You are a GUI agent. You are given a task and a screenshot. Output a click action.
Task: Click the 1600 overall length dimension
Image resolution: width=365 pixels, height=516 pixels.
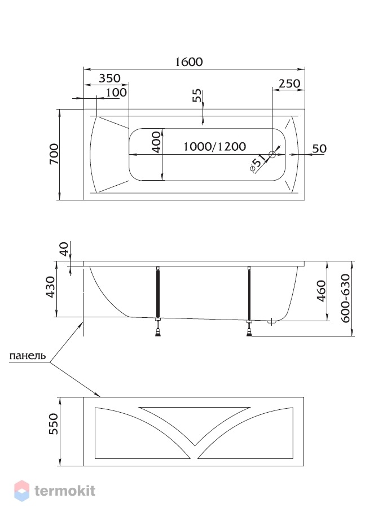(189, 62)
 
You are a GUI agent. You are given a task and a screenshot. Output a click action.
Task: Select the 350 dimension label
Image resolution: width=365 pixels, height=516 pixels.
(110, 78)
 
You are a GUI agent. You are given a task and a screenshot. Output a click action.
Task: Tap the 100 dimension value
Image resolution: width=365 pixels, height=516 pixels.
(116, 93)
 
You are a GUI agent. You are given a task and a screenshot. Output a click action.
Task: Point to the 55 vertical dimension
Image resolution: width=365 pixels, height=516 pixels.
(197, 96)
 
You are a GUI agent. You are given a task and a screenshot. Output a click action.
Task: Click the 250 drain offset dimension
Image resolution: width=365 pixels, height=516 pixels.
(289, 83)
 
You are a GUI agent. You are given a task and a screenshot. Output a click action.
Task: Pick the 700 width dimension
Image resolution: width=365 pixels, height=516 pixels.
(54, 154)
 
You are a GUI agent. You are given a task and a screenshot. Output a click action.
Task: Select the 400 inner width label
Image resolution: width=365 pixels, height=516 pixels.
(157, 142)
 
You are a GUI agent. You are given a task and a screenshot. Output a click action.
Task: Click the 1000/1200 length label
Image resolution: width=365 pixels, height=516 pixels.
(214, 146)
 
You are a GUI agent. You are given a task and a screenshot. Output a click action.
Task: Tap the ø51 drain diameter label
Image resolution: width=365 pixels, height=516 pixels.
(258, 164)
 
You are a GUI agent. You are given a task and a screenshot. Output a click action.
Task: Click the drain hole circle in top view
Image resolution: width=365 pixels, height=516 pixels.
(272, 154)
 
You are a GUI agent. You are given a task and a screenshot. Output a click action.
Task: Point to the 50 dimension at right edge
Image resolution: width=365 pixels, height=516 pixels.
(319, 148)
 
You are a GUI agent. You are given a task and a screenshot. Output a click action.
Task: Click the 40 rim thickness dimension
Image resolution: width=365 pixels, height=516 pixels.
(64, 249)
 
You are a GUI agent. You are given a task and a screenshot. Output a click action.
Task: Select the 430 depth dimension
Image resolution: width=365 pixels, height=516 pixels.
(50, 287)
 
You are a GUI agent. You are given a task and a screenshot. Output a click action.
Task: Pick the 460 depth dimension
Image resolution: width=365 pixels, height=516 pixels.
(321, 291)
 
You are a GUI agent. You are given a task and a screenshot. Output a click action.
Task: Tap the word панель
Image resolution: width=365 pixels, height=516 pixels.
(28, 356)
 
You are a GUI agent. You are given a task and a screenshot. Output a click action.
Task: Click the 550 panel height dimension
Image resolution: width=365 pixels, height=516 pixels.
(53, 424)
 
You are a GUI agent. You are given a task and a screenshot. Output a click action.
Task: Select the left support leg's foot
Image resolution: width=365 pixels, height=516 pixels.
(158, 333)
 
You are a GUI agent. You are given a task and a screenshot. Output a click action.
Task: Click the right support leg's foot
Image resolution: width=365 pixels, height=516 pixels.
(249, 333)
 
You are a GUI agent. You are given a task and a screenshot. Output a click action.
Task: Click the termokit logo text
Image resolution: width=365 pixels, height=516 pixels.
(65, 491)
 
